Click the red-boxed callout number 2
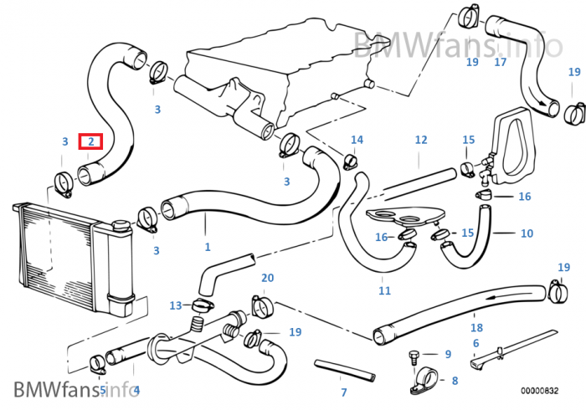coord(90,142)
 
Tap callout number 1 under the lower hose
coord(208,247)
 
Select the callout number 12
coord(421,140)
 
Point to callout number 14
coord(357,140)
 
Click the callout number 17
coord(501,62)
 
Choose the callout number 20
coord(268,278)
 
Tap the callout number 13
coord(176,305)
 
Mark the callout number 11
coord(384,291)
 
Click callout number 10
coord(527,233)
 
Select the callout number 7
coord(343,392)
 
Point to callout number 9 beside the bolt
coord(448,355)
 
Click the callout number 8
coord(455,381)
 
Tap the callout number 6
coord(475,344)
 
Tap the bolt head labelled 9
coord(411,356)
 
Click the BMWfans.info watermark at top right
coord(457,42)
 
